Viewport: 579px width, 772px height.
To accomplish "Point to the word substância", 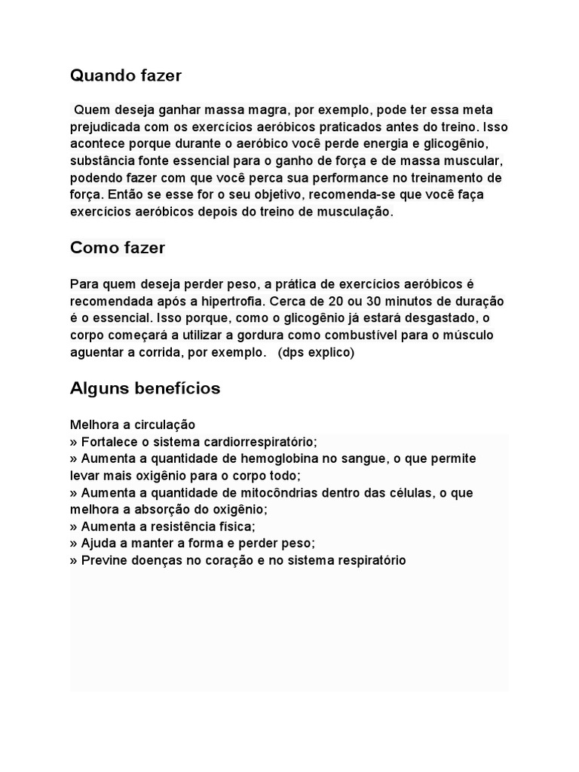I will [x=101, y=161].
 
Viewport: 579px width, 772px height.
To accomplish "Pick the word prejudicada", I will [x=106, y=127].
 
